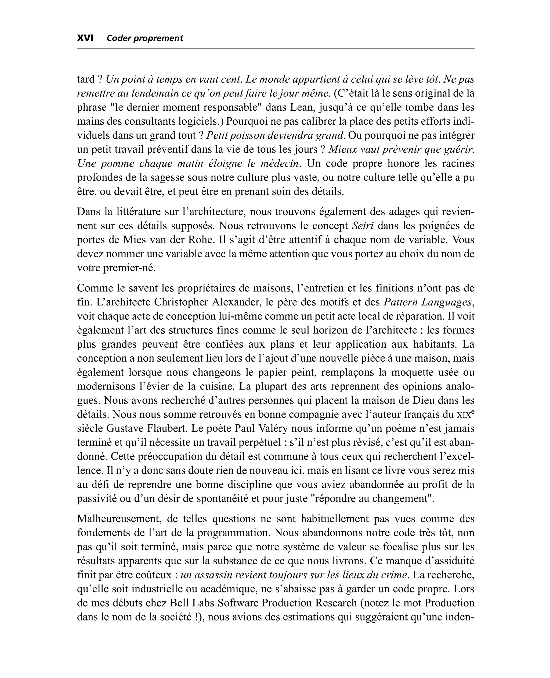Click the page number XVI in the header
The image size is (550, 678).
coord(85,38)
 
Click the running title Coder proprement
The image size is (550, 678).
coord(145,38)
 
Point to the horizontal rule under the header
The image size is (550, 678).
coord(275,48)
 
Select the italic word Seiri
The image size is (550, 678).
coord(363,226)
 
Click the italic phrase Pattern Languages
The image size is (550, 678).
coord(428,302)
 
